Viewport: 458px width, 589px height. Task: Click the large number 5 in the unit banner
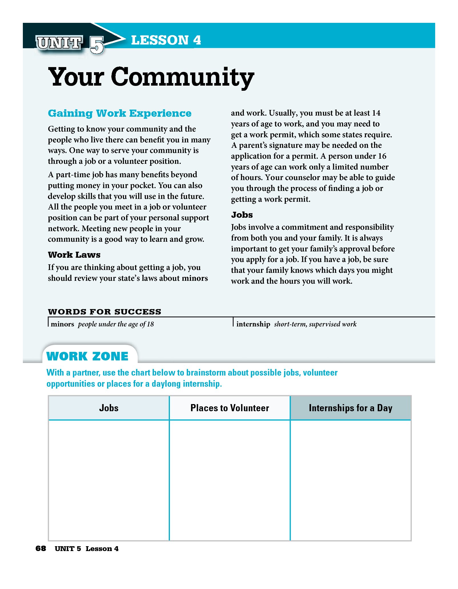click(x=97, y=45)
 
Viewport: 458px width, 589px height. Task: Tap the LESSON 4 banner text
click(x=166, y=40)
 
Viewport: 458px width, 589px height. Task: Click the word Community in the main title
click(x=182, y=77)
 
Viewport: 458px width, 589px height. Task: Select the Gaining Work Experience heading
click(x=120, y=113)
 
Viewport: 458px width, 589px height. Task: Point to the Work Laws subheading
click(x=74, y=255)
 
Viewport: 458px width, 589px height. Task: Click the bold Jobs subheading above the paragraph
click(x=242, y=215)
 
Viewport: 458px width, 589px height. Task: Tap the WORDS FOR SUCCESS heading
click(x=105, y=312)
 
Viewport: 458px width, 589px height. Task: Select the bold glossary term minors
click(x=63, y=324)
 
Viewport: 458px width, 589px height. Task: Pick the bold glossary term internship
click(x=253, y=324)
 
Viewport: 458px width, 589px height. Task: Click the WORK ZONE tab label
click(x=87, y=356)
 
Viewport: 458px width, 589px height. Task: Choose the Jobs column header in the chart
click(x=109, y=408)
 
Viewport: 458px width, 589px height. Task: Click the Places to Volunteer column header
click(x=230, y=408)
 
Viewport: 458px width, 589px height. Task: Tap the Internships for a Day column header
click(x=350, y=408)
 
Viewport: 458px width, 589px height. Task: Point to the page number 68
click(x=41, y=548)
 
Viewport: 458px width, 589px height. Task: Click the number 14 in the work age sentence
click(x=376, y=113)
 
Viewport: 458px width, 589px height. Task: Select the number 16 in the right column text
click(x=382, y=156)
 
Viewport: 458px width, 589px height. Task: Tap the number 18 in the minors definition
click(x=150, y=324)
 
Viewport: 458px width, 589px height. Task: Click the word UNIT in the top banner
click(x=59, y=43)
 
